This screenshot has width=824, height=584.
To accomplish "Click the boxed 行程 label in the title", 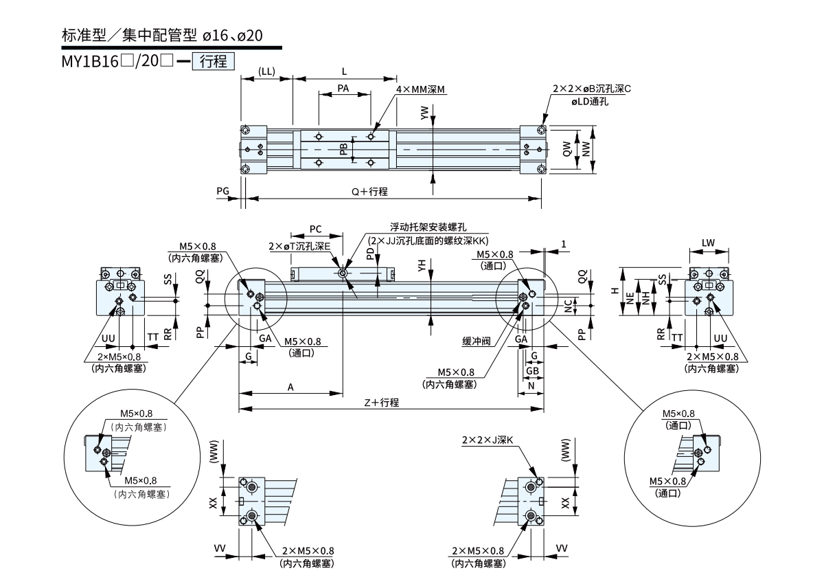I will pyautogui.click(x=216, y=61).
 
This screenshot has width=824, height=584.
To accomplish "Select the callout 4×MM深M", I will pyautogui.click(x=420, y=89).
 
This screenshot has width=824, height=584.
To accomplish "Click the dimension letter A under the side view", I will pyautogui.click(x=290, y=388).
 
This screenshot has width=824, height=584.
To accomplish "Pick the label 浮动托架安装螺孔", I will pyautogui.click(x=419, y=227).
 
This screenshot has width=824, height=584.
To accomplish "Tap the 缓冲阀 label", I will pyautogui.click(x=476, y=340).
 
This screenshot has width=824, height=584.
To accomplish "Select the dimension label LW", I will pyautogui.click(x=709, y=243).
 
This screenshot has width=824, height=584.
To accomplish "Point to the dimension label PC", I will pyautogui.click(x=316, y=228).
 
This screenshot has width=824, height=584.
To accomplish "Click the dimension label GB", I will pyautogui.click(x=532, y=370).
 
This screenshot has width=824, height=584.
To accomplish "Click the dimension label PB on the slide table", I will pyautogui.click(x=343, y=149).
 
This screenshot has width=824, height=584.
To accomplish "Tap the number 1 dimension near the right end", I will pyautogui.click(x=563, y=244).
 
